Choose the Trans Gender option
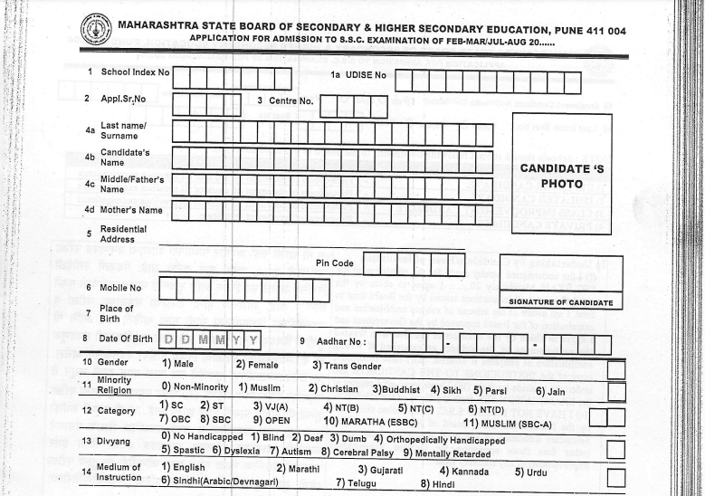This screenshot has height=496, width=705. coord(347,366)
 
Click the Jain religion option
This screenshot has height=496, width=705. coord(550,391)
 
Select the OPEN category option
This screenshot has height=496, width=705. coord(271,420)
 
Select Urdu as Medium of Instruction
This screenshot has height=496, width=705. coord(532,472)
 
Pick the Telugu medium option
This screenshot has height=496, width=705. coord(355,483)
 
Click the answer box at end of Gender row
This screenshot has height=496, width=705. coord(615,369)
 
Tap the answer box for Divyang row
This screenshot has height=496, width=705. coord(615,448)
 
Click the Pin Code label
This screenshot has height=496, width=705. coord(335,263)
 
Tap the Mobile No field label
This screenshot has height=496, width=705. coord(120,288)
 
